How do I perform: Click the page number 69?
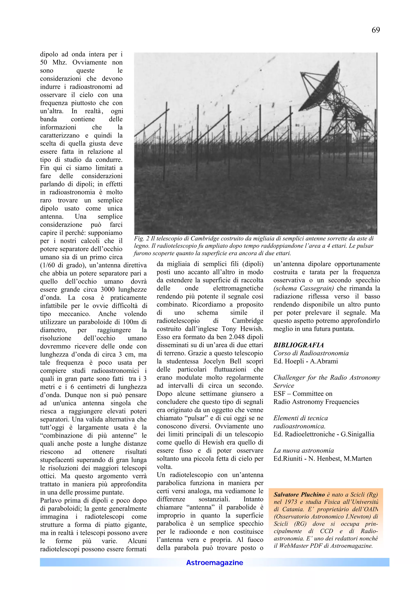pos(375,30)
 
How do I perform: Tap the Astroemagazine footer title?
pos(215,562)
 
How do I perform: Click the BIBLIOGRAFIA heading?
pos(298,345)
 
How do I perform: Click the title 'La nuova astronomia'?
pos(304,450)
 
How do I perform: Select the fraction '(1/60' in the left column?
pos(48,265)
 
